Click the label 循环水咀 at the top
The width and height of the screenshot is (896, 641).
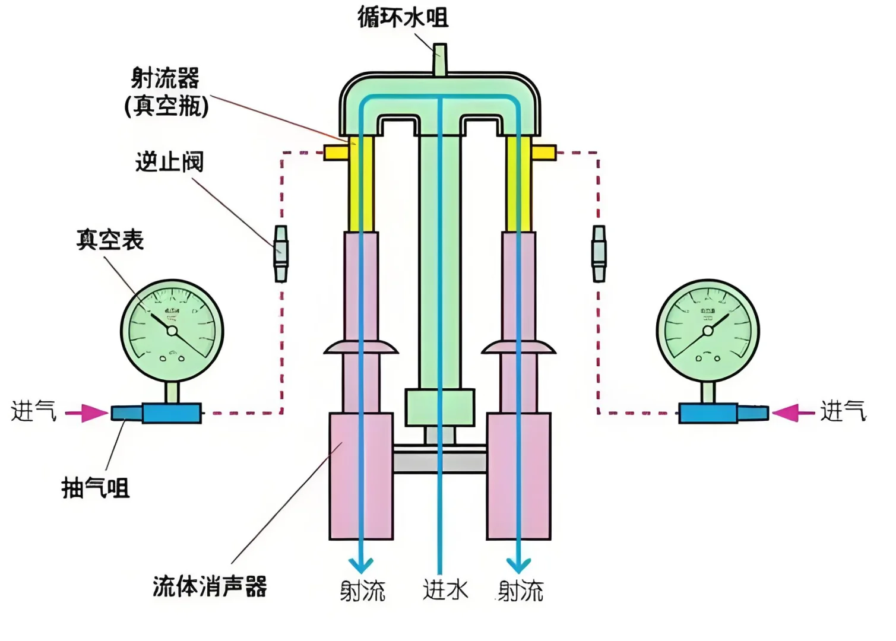pos(403,17)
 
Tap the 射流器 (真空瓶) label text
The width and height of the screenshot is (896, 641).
pos(166,92)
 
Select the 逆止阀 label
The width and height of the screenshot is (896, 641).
pos(169,161)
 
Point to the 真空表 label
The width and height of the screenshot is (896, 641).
pos(110,240)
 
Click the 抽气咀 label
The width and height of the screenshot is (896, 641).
pos(95,488)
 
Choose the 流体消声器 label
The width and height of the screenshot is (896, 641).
pos(210,586)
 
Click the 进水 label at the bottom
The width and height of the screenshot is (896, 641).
pos(445,591)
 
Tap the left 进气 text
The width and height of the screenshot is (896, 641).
pos(33,411)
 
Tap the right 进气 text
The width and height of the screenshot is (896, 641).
pos(843,411)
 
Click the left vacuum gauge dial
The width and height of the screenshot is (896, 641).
pos(172,331)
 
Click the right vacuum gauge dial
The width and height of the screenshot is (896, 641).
pos(708,331)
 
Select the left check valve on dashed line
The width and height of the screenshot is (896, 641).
pos(281,253)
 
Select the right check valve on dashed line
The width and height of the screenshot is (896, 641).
pos(599,253)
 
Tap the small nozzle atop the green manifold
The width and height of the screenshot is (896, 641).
pos(439,59)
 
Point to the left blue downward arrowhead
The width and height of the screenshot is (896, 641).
pos(360,564)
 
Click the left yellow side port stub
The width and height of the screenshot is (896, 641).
pos(336,153)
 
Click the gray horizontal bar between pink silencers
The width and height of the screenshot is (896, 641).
pos(439,461)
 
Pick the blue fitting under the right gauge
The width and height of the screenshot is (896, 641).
pos(708,413)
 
